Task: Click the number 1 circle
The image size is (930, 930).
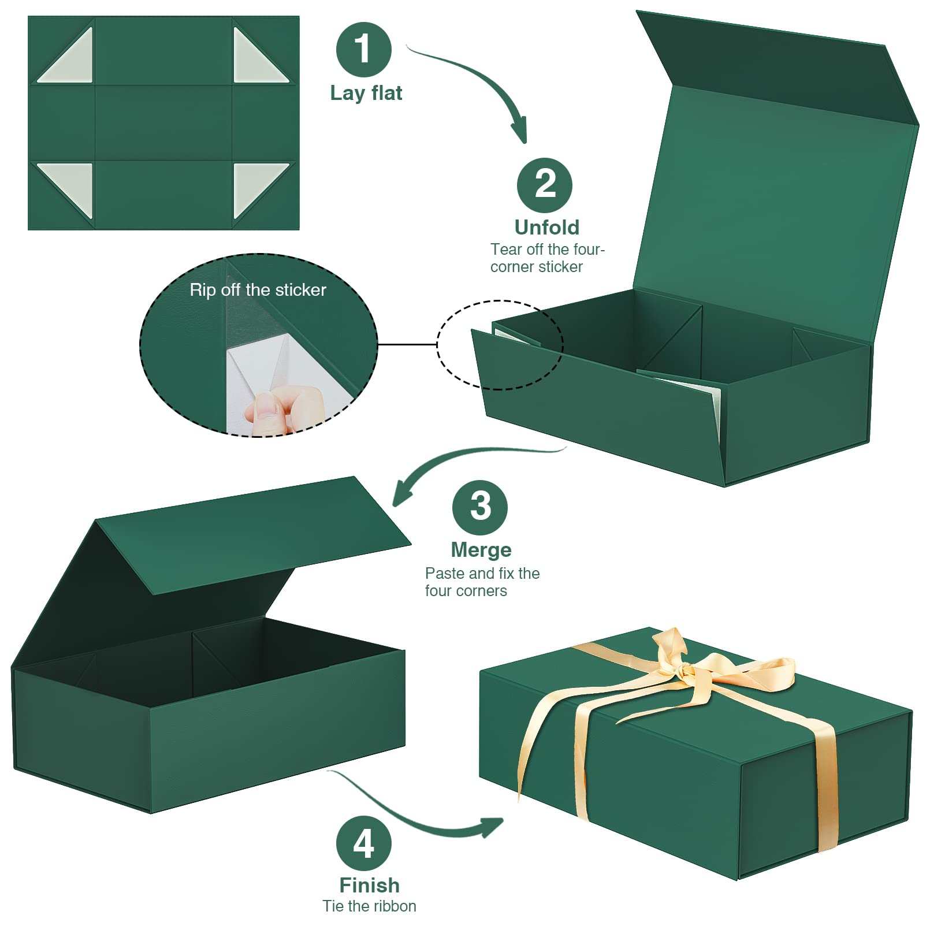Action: click(x=363, y=50)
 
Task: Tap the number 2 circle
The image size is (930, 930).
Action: click(x=544, y=185)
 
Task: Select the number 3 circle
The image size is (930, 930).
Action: click(x=479, y=507)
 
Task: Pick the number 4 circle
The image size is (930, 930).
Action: click(x=363, y=843)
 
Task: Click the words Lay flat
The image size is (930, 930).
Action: click(x=366, y=93)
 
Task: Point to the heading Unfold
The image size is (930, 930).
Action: click(x=546, y=228)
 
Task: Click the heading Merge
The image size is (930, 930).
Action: click(x=481, y=550)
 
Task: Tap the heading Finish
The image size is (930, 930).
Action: click(x=369, y=885)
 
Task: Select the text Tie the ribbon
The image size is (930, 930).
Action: click(x=369, y=906)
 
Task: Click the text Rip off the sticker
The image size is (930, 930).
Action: click(x=258, y=290)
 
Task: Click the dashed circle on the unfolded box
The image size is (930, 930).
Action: click(x=500, y=345)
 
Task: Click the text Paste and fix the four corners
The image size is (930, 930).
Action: click(x=482, y=582)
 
